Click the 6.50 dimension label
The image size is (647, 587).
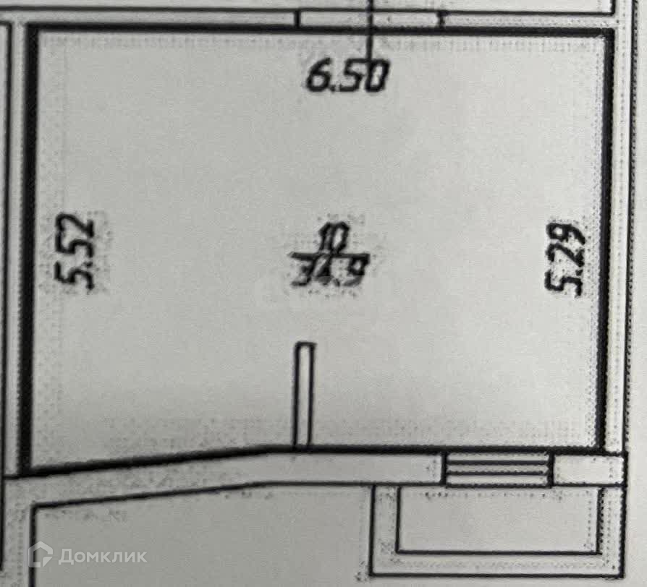point(348,77)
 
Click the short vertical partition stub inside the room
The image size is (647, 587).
point(304,395)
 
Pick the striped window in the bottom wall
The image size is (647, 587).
point(498,468)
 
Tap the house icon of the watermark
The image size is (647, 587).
point(41,554)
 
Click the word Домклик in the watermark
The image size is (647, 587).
point(102,555)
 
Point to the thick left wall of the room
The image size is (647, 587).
point(29,246)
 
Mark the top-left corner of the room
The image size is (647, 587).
point(31,30)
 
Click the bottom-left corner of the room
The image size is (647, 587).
point(26,470)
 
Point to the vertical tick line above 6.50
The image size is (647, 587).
point(371,29)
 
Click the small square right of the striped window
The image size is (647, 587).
point(588,468)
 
